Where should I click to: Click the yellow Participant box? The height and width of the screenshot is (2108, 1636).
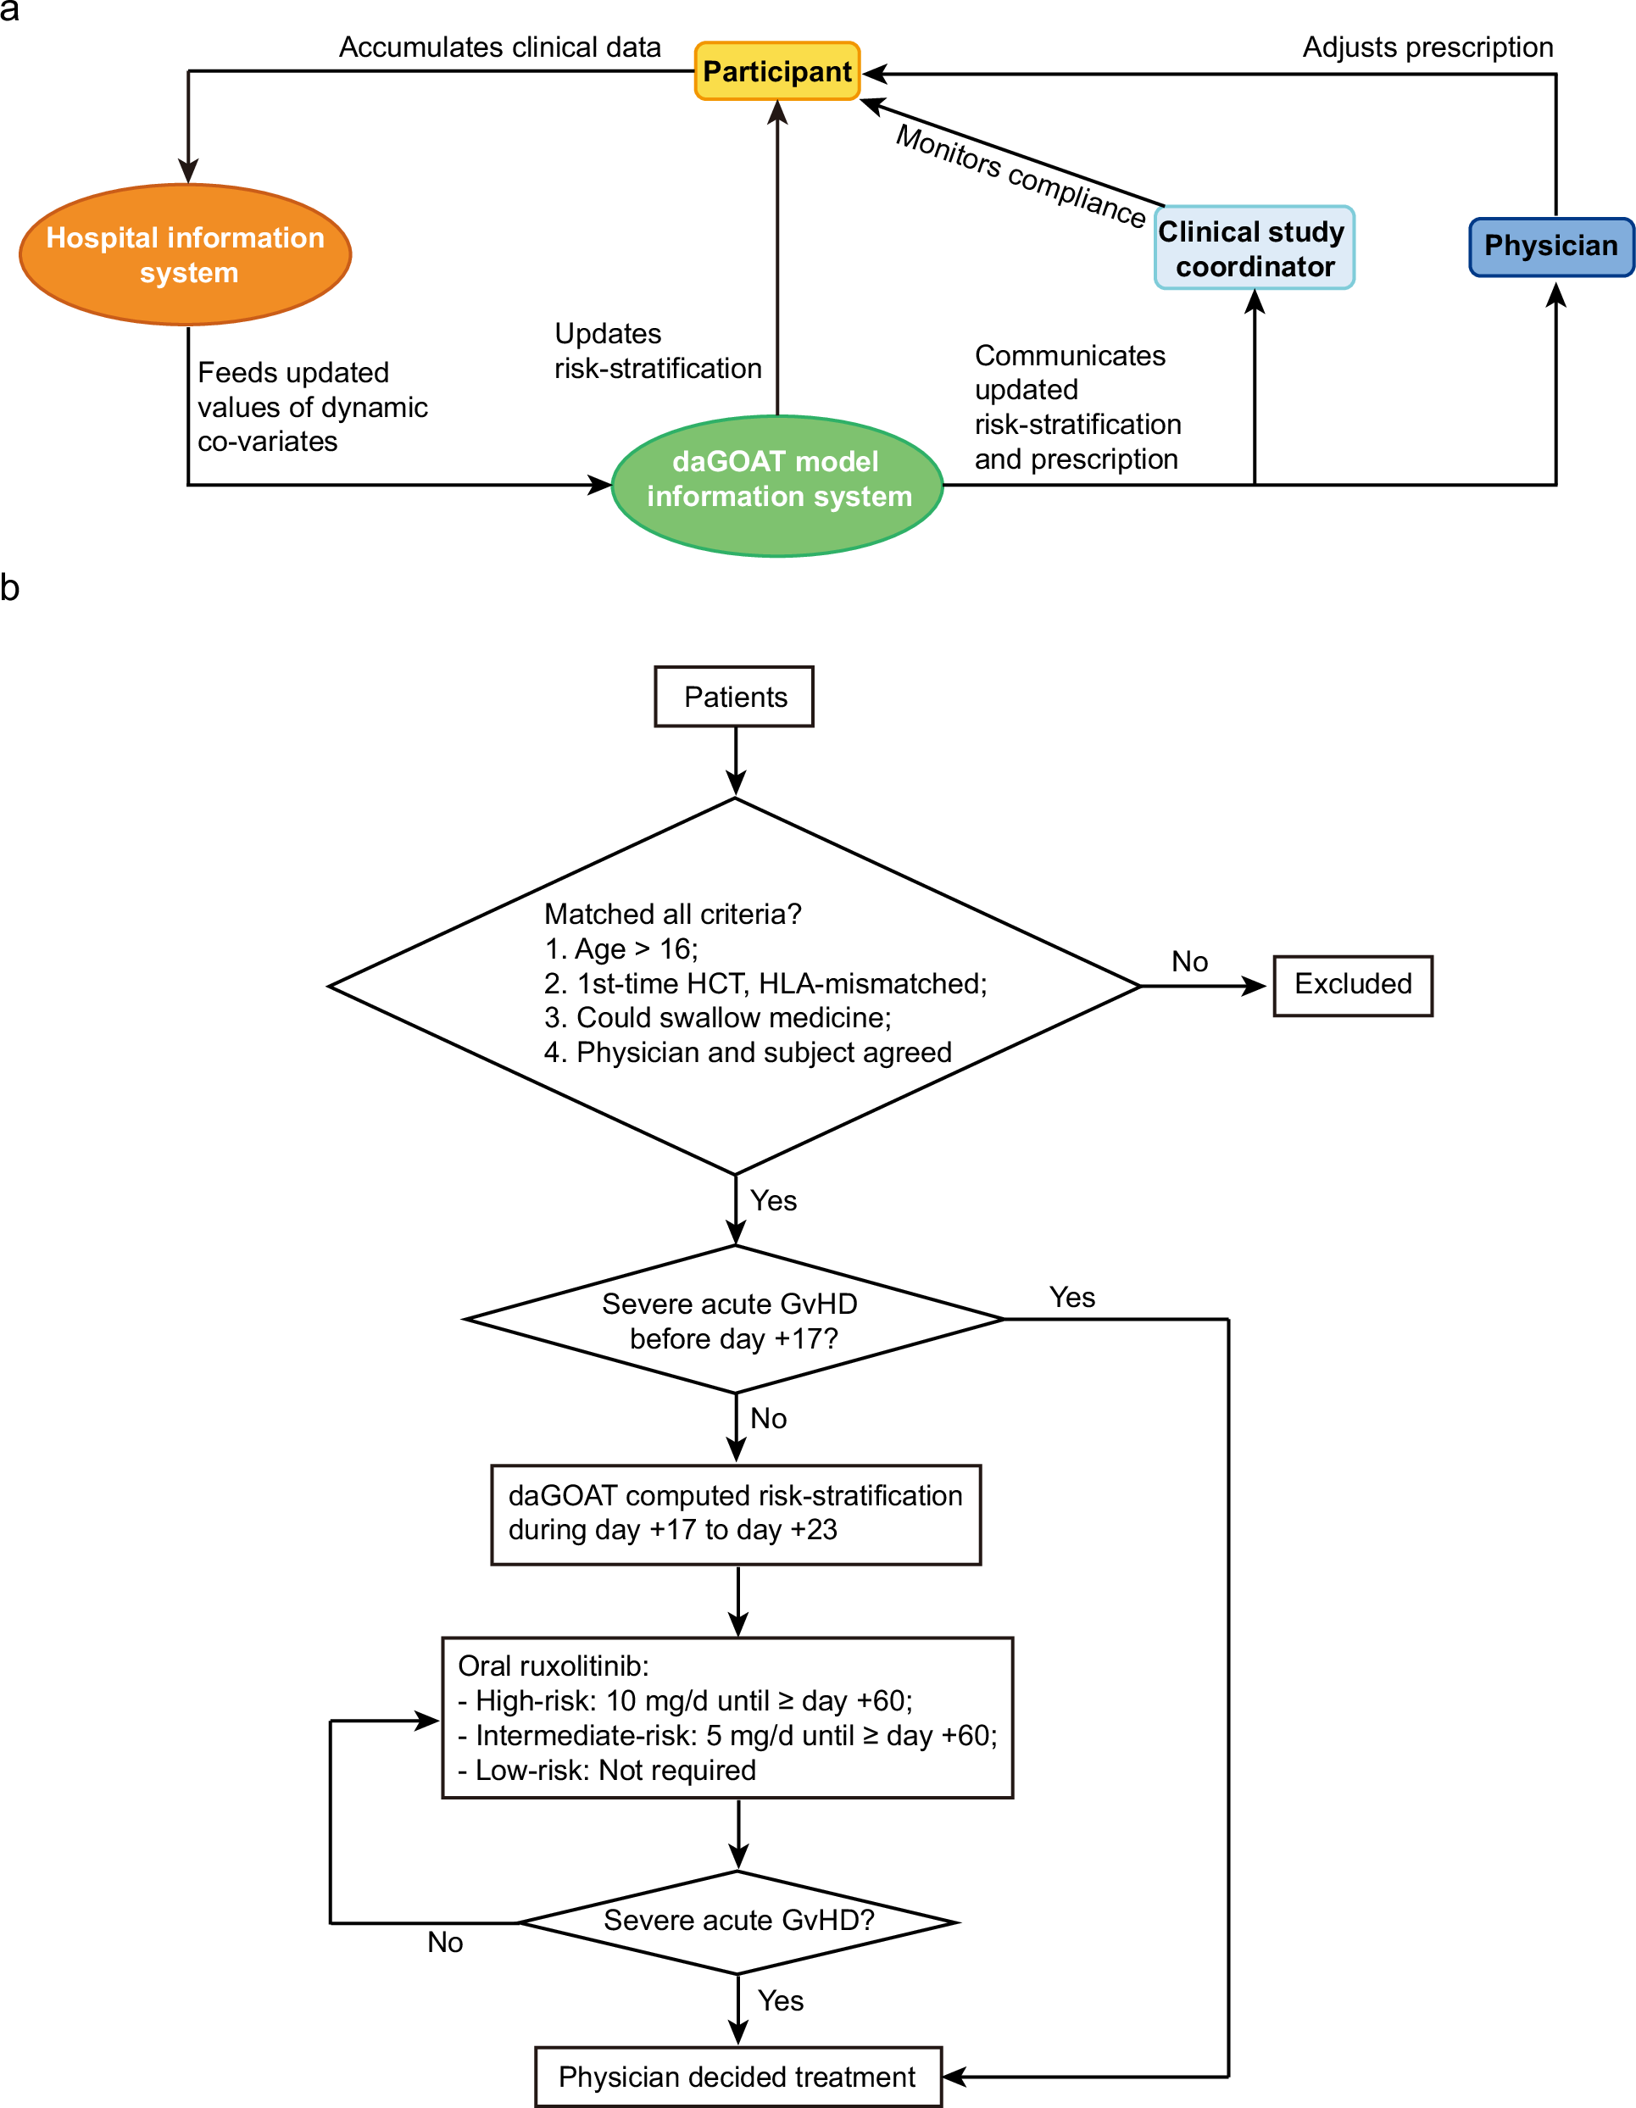777,71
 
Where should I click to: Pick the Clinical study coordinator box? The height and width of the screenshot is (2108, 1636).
1254,249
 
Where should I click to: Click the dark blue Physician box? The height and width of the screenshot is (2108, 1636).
1550,246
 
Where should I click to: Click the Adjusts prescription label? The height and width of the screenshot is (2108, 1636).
1427,47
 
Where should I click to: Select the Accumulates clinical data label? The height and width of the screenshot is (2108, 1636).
499,47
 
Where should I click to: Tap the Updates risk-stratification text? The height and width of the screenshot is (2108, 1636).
656,351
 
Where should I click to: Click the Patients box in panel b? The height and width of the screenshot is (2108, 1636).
735,697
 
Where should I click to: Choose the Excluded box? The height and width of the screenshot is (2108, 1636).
1351,985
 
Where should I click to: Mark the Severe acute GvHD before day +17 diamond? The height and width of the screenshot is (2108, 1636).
733,1321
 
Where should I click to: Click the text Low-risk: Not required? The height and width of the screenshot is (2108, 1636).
606,1770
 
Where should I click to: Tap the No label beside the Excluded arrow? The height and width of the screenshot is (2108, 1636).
1189,961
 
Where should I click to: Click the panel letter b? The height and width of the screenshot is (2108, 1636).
9,587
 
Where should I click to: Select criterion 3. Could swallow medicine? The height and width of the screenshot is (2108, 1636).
717,1017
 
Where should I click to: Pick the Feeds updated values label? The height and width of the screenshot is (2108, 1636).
311,406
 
